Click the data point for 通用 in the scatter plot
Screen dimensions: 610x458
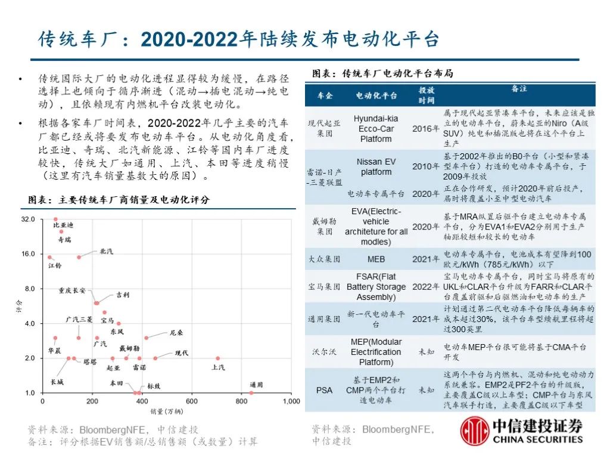(251, 393)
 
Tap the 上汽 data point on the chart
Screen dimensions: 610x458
(218, 358)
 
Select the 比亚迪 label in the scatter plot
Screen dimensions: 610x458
(63, 225)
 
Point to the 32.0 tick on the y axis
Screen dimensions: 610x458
(28, 219)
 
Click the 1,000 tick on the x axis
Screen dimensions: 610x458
(291, 401)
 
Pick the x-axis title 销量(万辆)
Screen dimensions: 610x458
(167, 411)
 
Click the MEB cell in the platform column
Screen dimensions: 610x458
(376, 259)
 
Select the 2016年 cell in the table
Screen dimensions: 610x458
(425, 129)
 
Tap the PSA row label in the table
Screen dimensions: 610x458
(324, 390)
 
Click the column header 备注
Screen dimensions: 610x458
(519, 88)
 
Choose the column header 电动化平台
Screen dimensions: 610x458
(376, 95)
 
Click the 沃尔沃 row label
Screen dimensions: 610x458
(324, 352)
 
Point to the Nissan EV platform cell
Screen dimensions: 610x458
(376, 167)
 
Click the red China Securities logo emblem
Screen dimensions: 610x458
(475, 431)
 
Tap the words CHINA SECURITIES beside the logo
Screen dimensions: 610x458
(538, 440)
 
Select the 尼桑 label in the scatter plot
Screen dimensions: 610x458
(176, 333)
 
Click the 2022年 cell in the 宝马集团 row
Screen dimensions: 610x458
(425, 287)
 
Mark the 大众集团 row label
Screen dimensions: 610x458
(324, 259)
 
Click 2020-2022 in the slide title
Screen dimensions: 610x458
(189, 39)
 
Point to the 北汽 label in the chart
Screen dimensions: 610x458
(106, 252)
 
